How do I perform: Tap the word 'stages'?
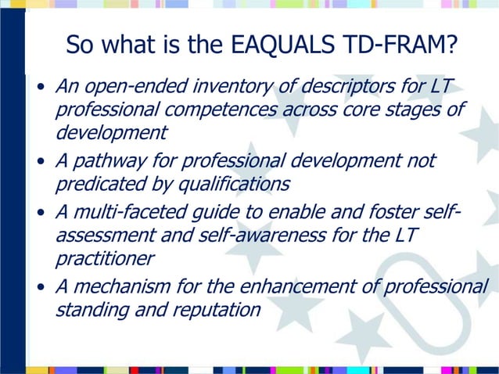click(406, 108)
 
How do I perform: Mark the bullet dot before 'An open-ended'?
click(41, 85)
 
